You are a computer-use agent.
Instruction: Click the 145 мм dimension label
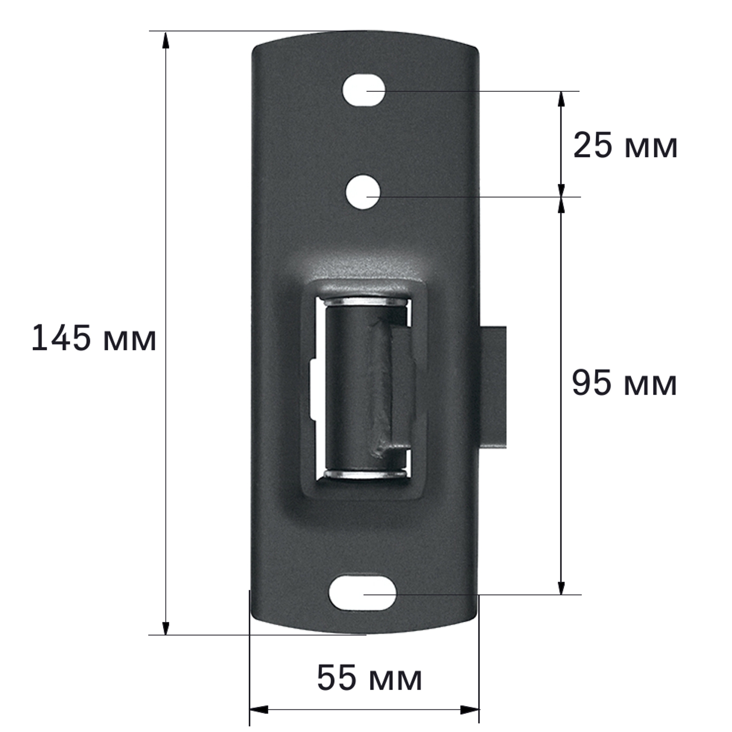[x=94, y=338]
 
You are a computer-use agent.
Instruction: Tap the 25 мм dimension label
[x=625, y=146]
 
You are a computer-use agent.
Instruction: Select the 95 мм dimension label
[x=624, y=383]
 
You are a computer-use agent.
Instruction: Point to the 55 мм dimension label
[x=369, y=678]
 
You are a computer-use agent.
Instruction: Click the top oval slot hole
[x=364, y=90]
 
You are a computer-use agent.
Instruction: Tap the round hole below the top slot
[x=363, y=192]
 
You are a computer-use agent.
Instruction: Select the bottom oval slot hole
[x=362, y=593]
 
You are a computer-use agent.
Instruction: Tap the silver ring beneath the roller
[x=365, y=473]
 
